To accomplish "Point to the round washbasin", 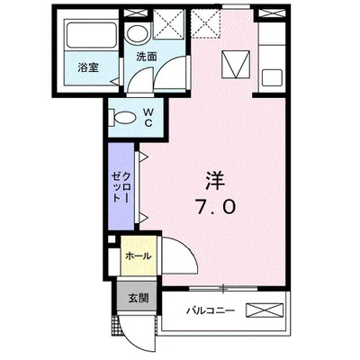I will click(137, 35).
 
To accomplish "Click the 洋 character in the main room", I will click(215, 176).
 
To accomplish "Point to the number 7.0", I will click(215, 207).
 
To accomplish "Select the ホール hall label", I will click(138, 256).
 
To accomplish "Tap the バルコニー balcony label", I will click(211, 311).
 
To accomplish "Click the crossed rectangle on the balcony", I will click(268, 311).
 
